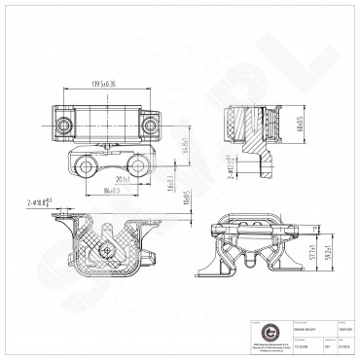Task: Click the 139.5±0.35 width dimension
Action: point(102,84)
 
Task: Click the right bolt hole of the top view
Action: point(148,124)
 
